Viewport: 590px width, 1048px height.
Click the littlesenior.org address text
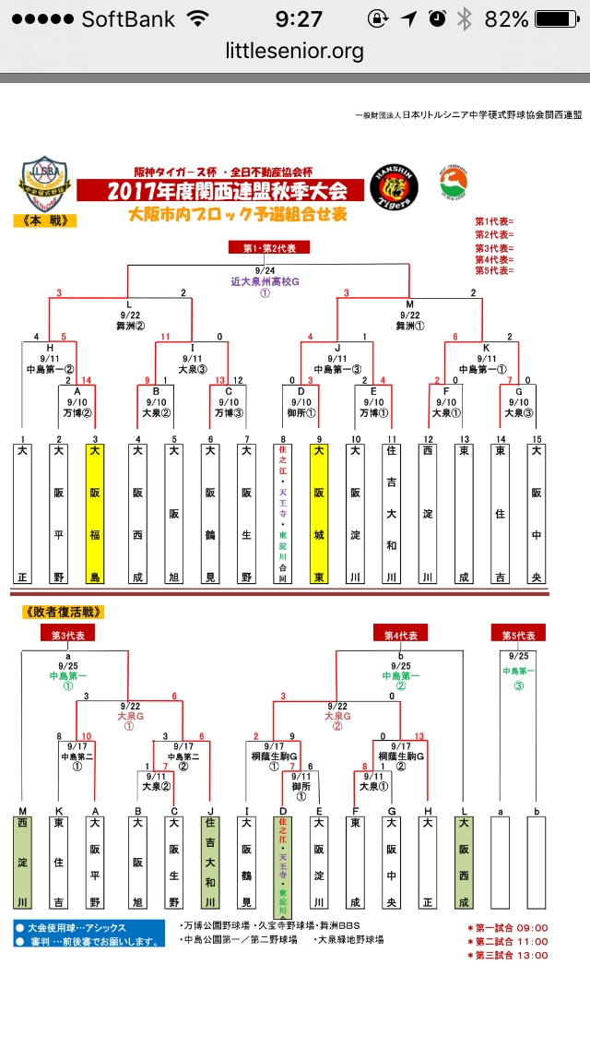(295, 51)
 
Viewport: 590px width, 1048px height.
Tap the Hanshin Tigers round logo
(394, 186)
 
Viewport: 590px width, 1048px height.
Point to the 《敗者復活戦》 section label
(63, 612)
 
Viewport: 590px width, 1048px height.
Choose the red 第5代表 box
(518, 635)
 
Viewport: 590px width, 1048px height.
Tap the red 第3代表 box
(69, 635)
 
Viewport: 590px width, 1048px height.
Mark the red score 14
(87, 380)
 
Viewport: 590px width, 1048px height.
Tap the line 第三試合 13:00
(507, 956)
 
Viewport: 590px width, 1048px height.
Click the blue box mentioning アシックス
(89, 934)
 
